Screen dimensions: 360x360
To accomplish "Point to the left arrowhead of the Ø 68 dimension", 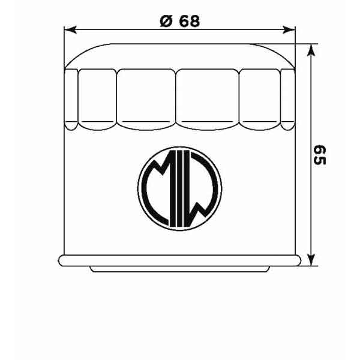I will [68, 29].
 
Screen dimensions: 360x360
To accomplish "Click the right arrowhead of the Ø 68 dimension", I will [291, 29].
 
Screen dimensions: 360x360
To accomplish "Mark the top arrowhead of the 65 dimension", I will [310, 49].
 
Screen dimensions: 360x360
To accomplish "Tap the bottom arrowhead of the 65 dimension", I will [310, 260].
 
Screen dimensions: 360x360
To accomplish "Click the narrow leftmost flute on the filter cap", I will [71, 99].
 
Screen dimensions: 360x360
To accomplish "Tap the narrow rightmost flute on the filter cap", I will [288, 99].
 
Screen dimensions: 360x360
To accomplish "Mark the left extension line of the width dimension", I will [64, 48].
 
